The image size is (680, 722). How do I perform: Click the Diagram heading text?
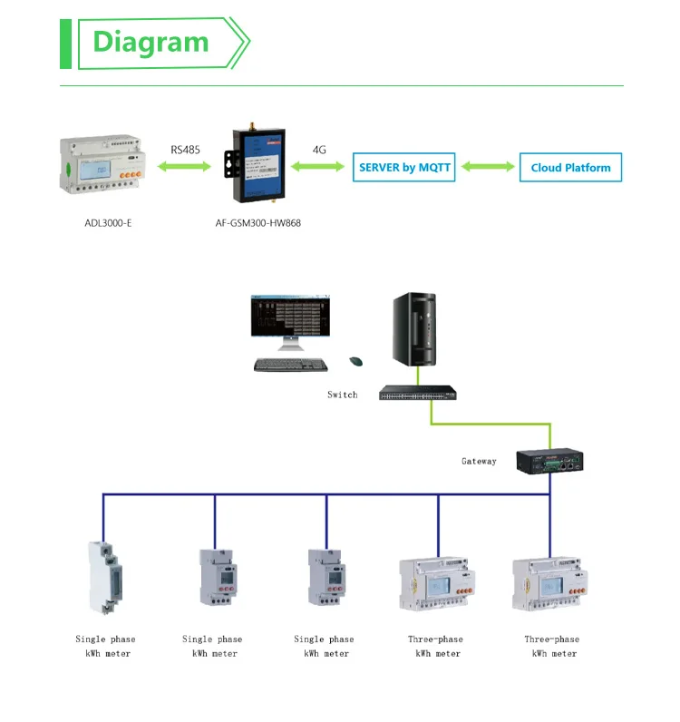point(151,42)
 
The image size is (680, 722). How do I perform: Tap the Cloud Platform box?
point(570,167)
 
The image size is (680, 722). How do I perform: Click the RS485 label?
point(186,150)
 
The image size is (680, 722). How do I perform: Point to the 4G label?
point(319,150)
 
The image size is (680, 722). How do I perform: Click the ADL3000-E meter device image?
point(102,167)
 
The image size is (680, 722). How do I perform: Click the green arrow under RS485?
point(186,167)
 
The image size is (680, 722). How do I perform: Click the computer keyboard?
point(290,365)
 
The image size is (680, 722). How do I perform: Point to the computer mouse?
point(356,362)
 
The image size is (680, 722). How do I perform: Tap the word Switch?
point(343,395)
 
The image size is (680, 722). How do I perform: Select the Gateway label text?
point(479,462)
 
